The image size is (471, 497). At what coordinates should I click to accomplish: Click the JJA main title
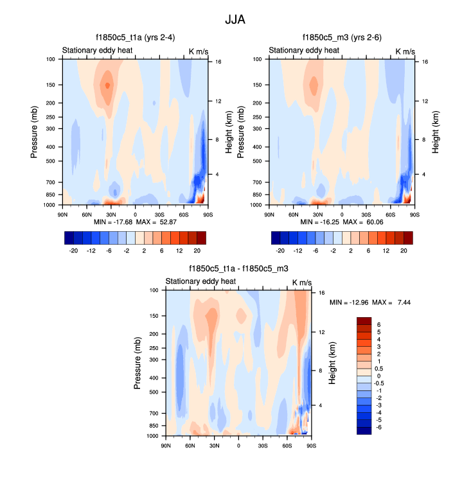coord(235,19)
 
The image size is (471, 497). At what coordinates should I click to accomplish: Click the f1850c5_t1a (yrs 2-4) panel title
coord(134,38)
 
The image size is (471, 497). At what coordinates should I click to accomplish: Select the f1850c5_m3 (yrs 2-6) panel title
coord(341,38)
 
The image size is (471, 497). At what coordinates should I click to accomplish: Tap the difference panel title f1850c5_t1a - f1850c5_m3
coord(238,269)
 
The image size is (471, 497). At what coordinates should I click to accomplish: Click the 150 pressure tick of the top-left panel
coord(51,85)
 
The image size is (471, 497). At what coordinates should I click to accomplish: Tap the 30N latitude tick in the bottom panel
coord(215,446)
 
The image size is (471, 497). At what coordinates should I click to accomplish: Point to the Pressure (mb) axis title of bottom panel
coord(138,363)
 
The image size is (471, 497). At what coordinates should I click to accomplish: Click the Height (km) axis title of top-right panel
coord(436,132)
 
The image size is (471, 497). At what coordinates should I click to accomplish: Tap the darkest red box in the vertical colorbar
coord(364,320)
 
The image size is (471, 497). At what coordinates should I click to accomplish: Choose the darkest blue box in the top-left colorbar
coord(69,238)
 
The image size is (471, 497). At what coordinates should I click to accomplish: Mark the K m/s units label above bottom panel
coord(302,282)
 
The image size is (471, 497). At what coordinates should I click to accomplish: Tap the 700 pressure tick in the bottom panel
coord(154,413)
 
